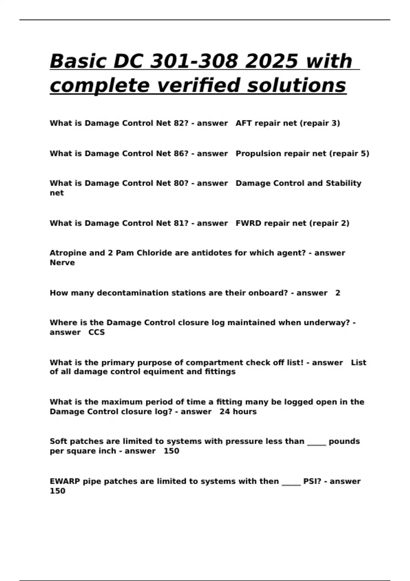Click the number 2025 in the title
[272, 61]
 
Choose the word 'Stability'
[343, 183]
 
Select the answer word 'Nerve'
[62, 262]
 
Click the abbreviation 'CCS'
[97, 332]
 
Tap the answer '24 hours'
[238, 411]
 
